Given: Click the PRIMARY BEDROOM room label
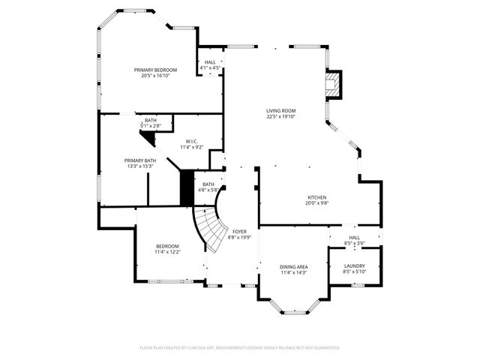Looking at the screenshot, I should click(155, 70).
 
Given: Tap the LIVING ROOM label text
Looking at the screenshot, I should click(281, 110).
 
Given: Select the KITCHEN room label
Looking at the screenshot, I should click(317, 196).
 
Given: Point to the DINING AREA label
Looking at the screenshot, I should click(293, 266).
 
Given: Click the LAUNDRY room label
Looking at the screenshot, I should click(355, 265).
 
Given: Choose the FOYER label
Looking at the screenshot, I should click(239, 232).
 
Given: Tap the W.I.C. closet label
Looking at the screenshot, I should click(191, 141).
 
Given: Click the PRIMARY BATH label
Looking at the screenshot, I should click(140, 160).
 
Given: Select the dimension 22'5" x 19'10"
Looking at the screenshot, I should click(281, 116).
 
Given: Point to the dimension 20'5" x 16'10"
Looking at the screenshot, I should click(155, 76).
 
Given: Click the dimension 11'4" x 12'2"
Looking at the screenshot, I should click(167, 252).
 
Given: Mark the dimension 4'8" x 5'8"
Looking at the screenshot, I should click(208, 190).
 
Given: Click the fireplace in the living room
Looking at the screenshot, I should click(333, 84).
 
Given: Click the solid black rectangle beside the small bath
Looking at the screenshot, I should click(187, 187).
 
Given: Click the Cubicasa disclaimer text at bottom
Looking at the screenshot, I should click(240, 347).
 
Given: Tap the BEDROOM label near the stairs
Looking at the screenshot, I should click(167, 246).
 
